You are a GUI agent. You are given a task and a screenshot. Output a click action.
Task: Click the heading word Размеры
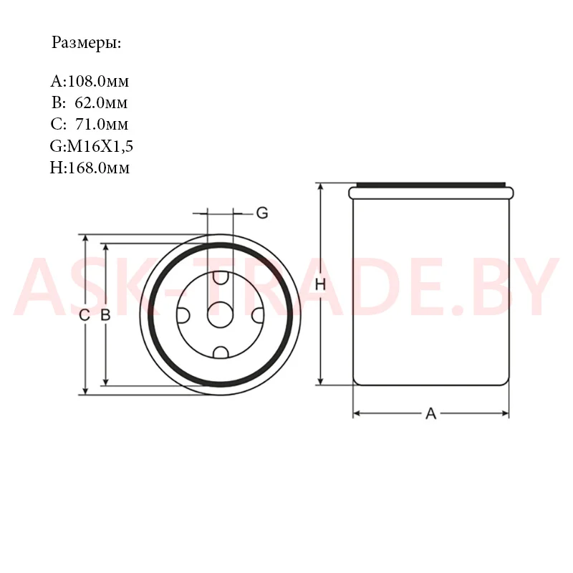pos(86,43)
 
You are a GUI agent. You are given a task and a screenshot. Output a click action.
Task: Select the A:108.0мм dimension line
pos(90,81)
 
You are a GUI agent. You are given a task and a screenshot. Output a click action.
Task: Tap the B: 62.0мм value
pos(90,102)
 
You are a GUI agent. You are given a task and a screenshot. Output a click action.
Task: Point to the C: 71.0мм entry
pos(90,124)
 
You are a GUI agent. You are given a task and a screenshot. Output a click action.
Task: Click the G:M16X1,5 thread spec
pos(92,146)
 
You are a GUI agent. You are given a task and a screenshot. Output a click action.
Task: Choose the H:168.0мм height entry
pos(90,168)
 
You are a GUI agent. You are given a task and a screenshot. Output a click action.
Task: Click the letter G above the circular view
pos(262,213)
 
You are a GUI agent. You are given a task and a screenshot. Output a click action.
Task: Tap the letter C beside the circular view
pos(85,314)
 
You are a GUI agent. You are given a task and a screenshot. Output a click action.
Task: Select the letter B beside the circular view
pos(105,314)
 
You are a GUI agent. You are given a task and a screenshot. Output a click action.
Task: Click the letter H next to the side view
pos(320,284)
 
